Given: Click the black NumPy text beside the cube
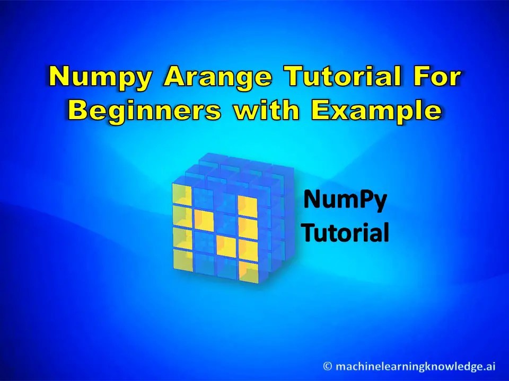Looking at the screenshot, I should tap(345, 202).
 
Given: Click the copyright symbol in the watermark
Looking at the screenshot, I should tap(328, 366).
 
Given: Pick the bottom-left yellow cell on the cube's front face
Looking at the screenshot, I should tap(182, 260).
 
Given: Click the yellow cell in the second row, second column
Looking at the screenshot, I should tap(204, 218).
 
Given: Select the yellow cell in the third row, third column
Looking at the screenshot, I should tap(226, 246).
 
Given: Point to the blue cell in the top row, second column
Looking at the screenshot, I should tap(204, 197).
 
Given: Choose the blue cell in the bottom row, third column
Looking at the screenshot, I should tap(226, 268).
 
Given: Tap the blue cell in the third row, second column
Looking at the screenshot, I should tap(204, 242).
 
